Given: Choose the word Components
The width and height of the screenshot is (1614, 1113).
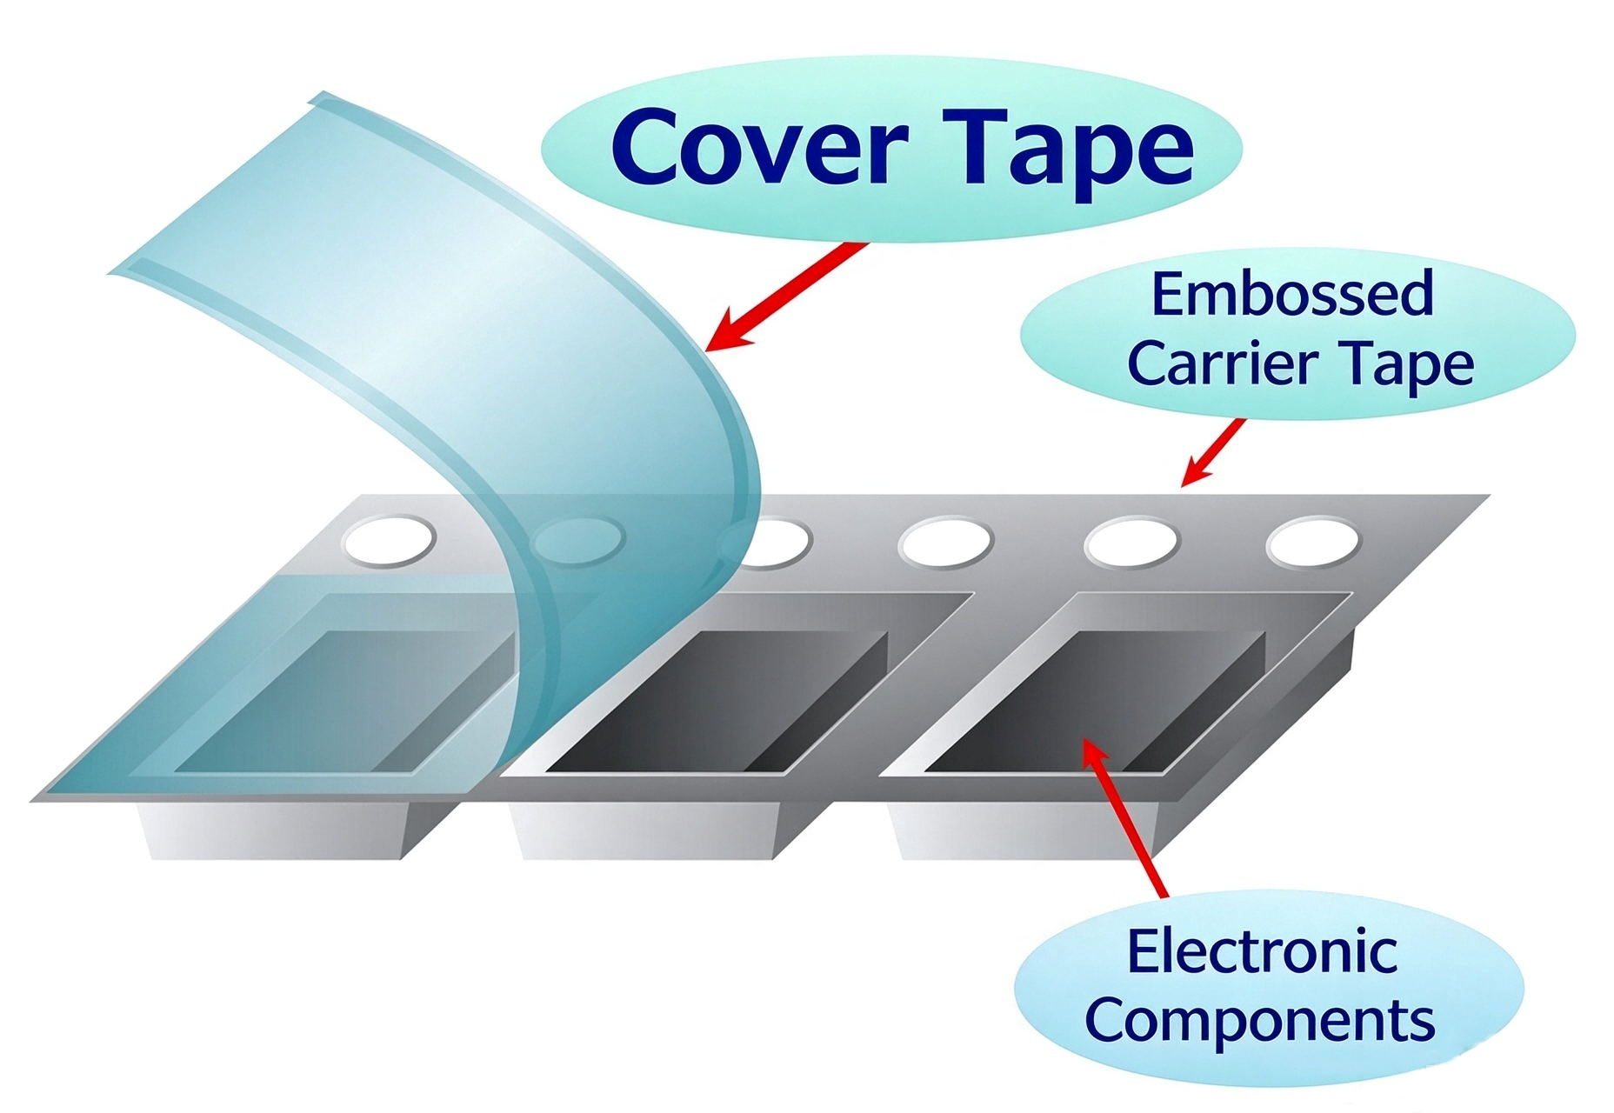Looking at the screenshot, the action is click(1260, 1022).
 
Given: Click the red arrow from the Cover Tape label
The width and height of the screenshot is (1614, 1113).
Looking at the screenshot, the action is click(787, 296).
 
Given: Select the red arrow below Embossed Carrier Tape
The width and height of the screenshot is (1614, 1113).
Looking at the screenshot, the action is click(1212, 452).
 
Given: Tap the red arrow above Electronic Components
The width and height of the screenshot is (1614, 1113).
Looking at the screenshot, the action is click(1124, 816).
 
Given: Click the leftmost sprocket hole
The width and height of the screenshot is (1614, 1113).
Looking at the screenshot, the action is click(389, 539).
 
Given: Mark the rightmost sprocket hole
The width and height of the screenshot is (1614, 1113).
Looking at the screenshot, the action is click(1312, 542).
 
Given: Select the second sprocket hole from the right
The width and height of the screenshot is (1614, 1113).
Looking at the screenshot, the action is click(1131, 542).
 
